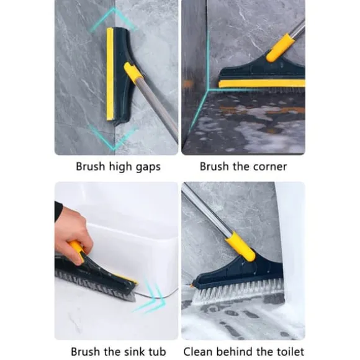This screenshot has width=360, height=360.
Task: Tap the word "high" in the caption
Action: [120, 167]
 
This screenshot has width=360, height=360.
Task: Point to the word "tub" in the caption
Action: [158, 351]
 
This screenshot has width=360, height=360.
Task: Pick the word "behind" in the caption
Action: [233, 351]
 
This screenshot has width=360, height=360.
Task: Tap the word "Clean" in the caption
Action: [199, 351]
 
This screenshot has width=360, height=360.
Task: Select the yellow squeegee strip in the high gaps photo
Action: [110, 74]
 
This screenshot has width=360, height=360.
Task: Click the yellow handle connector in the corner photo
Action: [280, 48]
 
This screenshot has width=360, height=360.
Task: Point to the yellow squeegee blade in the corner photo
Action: [262, 84]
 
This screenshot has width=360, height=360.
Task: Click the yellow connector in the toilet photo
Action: [240, 246]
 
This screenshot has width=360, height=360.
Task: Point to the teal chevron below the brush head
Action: [114, 138]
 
